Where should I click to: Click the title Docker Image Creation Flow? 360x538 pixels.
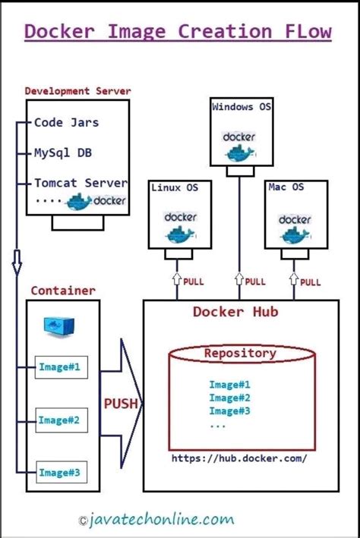click(178, 32)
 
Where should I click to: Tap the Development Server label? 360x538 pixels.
click(77, 91)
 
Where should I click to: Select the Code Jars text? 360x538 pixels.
click(67, 122)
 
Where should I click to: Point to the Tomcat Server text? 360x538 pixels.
click(81, 183)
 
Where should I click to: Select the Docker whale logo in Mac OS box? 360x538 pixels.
click(295, 227)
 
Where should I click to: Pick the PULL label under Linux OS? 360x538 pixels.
click(193, 282)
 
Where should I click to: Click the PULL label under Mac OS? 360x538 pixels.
click(310, 282)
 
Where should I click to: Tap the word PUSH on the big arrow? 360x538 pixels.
click(121, 404)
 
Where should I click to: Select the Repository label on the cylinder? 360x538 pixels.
click(239, 353)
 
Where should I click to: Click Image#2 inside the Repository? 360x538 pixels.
click(229, 398)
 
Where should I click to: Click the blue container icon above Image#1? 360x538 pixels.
click(58, 326)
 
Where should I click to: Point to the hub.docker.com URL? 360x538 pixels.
click(239, 459)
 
